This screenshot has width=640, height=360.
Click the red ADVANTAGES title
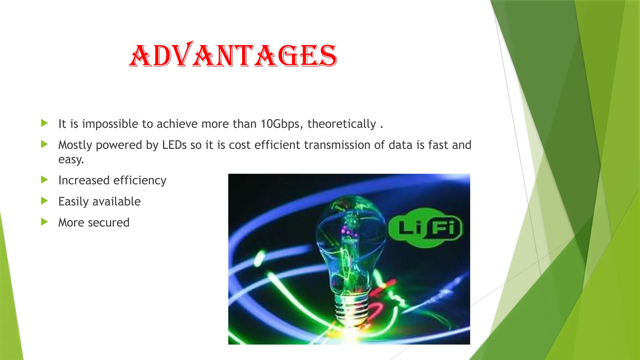pos(233,55)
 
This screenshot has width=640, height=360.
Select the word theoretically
pos(342,124)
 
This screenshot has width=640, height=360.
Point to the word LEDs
pos(174,145)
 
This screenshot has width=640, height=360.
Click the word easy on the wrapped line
pos(71,160)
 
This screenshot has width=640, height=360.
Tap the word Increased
pos(84,181)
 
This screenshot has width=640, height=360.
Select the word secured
pos(108,222)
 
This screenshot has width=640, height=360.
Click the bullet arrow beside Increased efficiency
pos(44,180)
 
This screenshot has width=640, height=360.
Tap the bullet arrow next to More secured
pos(44,222)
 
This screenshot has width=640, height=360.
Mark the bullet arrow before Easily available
pos(44,201)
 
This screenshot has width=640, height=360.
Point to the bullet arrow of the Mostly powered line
pos(44,144)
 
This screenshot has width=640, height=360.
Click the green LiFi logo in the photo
pos(425,227)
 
